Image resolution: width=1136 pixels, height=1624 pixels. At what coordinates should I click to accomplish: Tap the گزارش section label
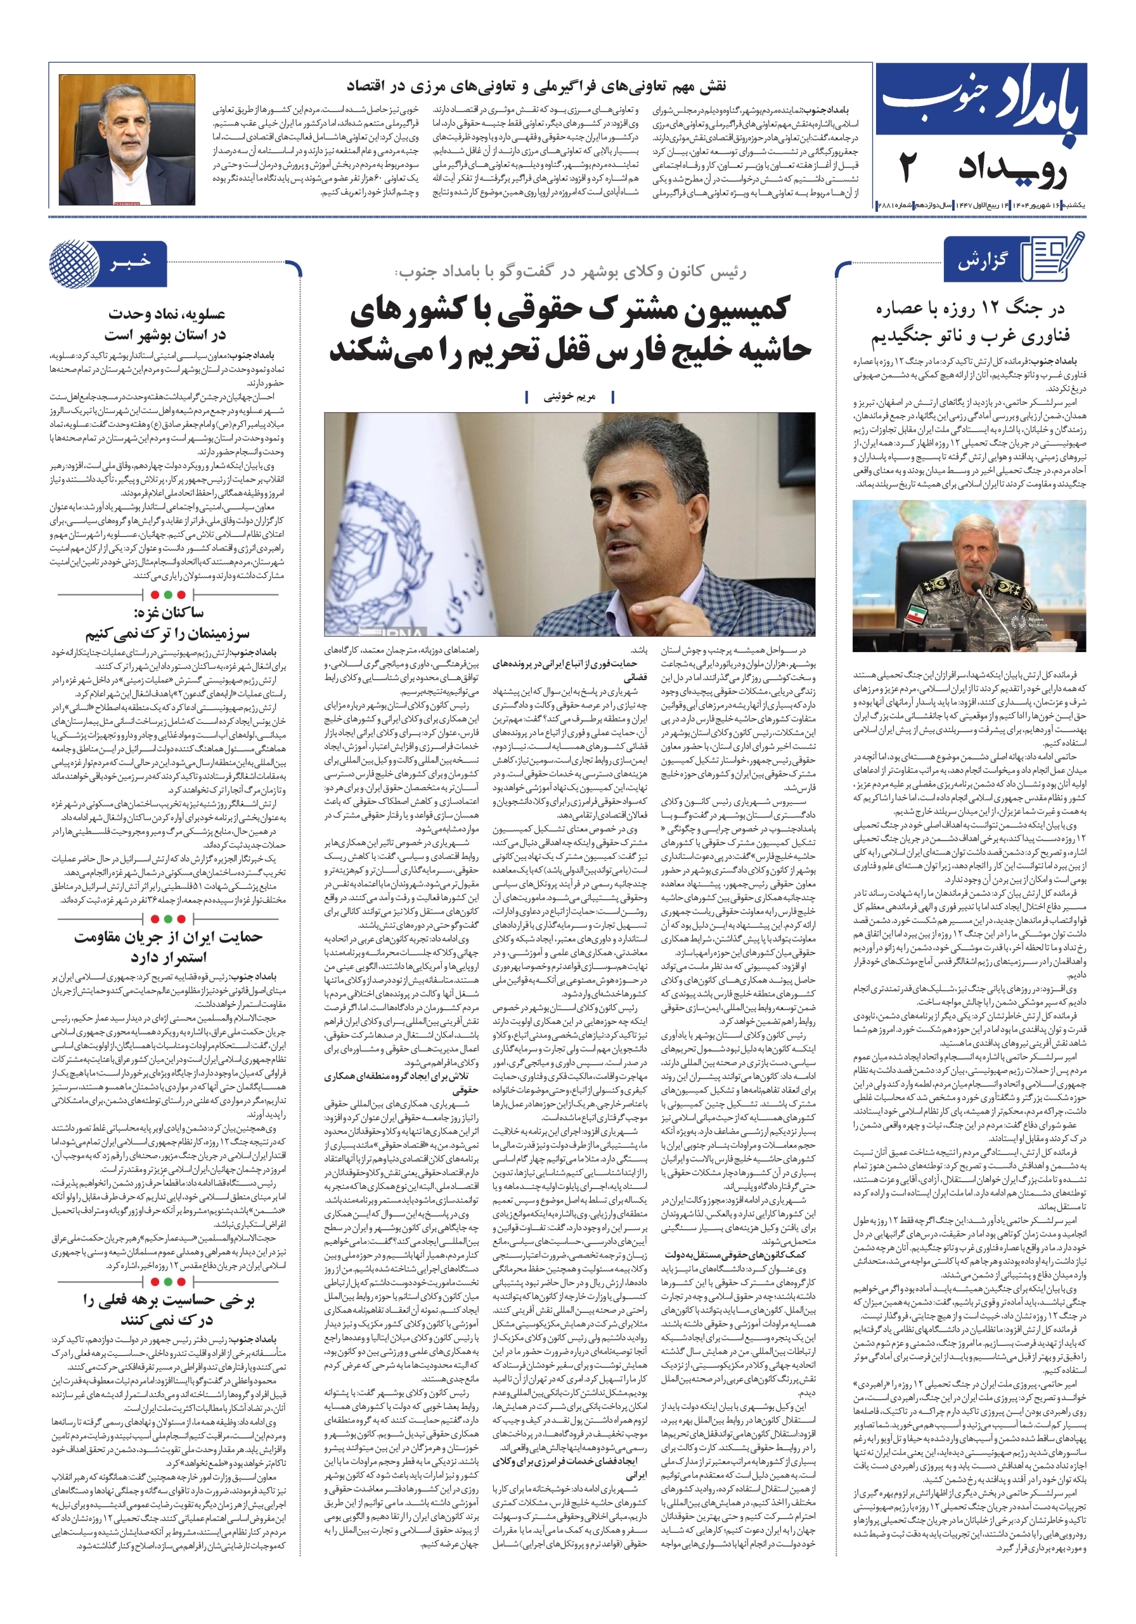point(982,262)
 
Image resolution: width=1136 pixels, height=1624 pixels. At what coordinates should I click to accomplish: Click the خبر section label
point(130,263)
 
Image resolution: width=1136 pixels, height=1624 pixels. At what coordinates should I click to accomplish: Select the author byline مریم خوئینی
point(569,397)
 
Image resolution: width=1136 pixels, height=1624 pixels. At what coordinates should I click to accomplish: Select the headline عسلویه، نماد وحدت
point(167,314)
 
